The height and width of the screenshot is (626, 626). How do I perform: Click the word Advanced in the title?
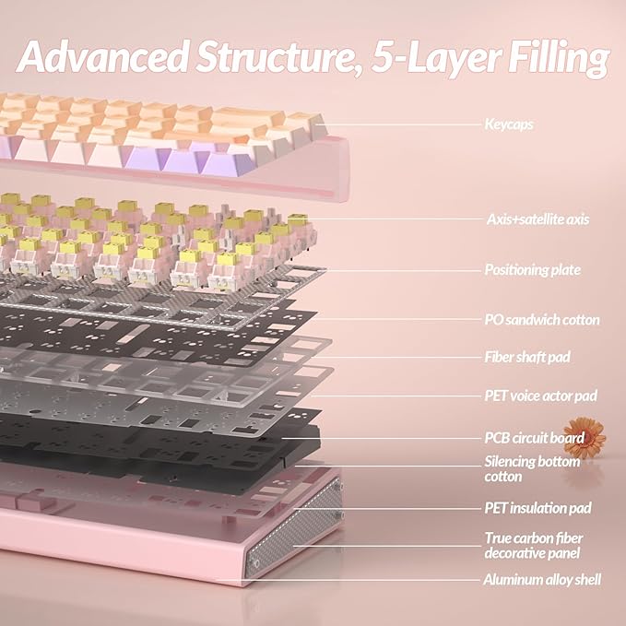click(103, 56)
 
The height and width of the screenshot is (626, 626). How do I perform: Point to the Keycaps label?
click(509, 124)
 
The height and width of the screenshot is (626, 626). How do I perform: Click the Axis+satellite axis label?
click(537, 219)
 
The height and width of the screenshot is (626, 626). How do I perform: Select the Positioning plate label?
click(533, 270)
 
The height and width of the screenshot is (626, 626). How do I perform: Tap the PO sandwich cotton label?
click(542, 320)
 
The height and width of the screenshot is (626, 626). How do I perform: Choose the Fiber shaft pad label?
click(527, 357)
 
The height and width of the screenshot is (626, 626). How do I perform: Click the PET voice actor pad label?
click(540, 396)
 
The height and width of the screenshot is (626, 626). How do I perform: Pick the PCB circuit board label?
click(534, 438)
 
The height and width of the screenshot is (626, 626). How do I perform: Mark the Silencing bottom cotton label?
click(532, 469)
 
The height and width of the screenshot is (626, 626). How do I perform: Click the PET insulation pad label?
click(537, 508)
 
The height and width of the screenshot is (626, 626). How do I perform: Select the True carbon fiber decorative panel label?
click(534, 546)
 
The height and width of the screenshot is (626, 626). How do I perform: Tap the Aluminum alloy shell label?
click(542, 580)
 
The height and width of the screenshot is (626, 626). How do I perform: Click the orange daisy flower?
click(585, 437)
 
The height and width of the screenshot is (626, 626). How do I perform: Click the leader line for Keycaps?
click(400, 124)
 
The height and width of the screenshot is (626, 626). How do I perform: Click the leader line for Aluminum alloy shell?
click(349, 580)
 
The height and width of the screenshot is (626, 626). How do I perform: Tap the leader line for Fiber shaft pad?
click(397, 358)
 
